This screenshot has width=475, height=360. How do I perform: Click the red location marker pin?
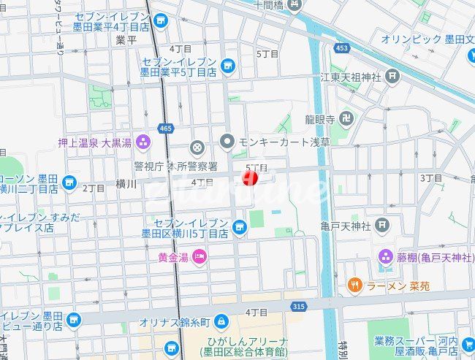250,177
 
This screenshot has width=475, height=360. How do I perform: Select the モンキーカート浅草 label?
275,141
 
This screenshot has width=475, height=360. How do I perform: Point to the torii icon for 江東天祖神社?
393,76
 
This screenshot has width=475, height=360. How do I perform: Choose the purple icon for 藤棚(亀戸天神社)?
385,257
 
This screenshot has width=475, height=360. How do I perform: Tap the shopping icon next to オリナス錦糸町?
222,321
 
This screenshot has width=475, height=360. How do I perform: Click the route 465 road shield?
165,129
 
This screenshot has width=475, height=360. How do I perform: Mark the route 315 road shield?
296,307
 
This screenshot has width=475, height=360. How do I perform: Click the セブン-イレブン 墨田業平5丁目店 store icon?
228,66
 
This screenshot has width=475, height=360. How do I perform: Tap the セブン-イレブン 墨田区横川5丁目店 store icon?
239,229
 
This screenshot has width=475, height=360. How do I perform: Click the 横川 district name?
126,185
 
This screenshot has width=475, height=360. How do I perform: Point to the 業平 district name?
126,39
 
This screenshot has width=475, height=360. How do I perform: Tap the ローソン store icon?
70,182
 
